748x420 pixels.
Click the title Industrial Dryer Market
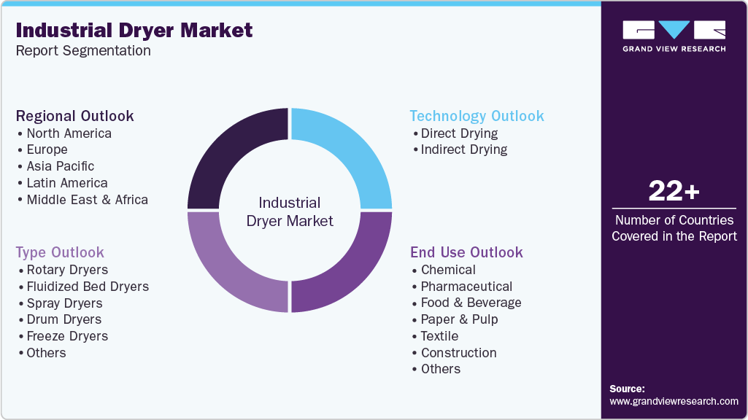(x=134, y=30)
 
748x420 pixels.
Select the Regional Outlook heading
(x=75, y=116)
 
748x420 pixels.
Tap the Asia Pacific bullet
(x=61, y=166)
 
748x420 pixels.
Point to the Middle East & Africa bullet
(x=87, y=200)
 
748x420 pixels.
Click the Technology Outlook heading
(x=477, y=116)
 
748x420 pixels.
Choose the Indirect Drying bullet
(x=464, y=149)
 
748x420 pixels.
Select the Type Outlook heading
(x=60, y=252)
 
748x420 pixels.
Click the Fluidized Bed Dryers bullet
(x=88, y=287)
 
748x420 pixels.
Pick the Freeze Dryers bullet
(x=67, y=336)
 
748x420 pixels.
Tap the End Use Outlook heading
(x=466, y=252)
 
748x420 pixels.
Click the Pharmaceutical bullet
(x=466, y=287)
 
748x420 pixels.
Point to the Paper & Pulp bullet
(x=459, y=319)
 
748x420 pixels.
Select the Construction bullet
(x=458, y=353)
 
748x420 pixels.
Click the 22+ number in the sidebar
(x=674, y=191)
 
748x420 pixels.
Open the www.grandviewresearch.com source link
(x=674, y=401)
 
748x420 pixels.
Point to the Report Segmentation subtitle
(x=83, y=51)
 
